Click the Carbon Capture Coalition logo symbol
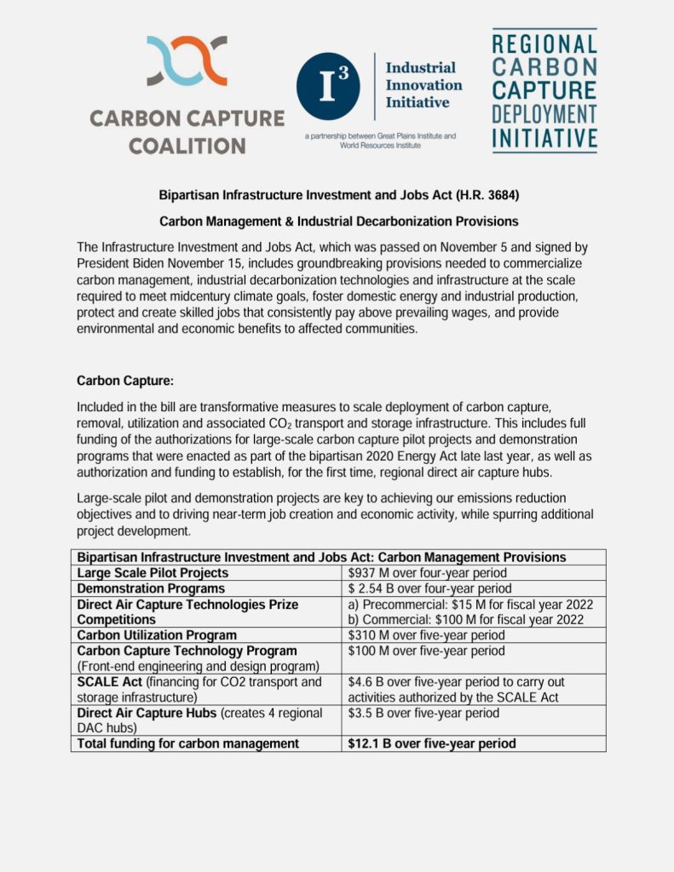(x=187, y=61)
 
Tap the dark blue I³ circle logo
(x=328, y=85)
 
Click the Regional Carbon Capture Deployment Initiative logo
(x=544, y=91)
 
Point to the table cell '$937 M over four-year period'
(x=428, y=573)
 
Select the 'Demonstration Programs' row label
(x=152, y=588)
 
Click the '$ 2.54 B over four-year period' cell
(x=430, y=588)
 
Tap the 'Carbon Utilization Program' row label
(x=157, y=635)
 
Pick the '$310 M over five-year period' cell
(x=427, y=635)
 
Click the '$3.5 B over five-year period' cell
(x=423, y=713)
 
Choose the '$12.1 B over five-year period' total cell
(x=432, y=743)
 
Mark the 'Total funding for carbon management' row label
(x=188, y=743)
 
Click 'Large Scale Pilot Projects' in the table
(x=153, y=573)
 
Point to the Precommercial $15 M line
(x=470, y=605)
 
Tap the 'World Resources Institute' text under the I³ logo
(x=380, y=146)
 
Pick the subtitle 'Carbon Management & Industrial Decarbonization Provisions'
(x=338, y=221)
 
